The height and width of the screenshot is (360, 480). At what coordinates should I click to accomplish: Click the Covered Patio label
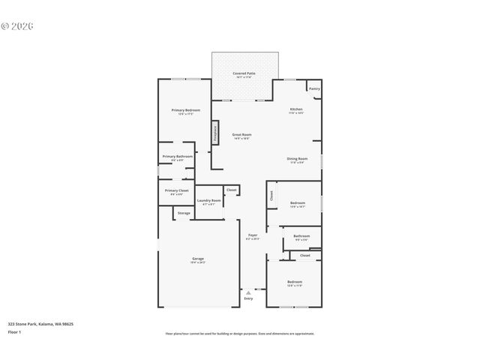[x=244, y=73]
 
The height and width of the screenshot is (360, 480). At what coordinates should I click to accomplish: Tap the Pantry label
[x=314, y=88]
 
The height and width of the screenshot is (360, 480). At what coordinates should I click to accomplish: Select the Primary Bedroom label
[x=185, y=110]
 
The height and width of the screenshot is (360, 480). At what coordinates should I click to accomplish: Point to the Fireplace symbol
[x=216, y=133]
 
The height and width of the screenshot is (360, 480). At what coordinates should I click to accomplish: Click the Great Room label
[x=241, y=134]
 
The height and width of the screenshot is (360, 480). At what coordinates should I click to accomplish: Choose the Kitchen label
[x=296, y=109]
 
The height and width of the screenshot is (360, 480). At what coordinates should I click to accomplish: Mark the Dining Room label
[x=297, y=158]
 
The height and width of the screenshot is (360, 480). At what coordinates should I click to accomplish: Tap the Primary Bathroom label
[x=177, y=156]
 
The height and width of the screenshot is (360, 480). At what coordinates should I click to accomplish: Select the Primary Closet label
[x=177, y=190]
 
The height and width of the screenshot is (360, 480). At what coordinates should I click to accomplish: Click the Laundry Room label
[x=208, y=200]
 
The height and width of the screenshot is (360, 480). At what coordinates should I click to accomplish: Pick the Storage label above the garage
[x=184, y=214]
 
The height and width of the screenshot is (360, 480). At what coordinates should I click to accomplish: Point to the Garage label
[x=197, y=259]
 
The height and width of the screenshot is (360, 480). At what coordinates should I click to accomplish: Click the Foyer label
[x=253, y=235]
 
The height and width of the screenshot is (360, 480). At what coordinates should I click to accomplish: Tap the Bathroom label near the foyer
[x=301, y=236]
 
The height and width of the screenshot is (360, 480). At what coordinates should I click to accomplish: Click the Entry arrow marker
[x=248, y=292]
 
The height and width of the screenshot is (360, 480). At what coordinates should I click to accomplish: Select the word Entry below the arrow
[x=248, y=299]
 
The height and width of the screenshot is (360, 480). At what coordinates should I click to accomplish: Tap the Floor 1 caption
[x=14, y=331]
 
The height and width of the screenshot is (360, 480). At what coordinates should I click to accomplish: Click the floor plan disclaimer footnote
[x=240, y=334]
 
